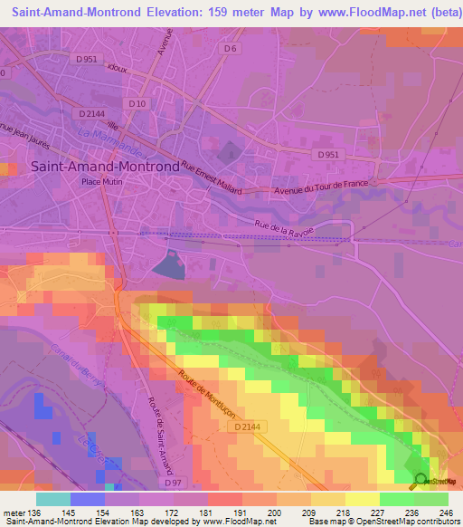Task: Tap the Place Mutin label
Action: tap(101, 181)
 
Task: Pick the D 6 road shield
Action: tap(230, 49)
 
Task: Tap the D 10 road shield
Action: tap(137, 103)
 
